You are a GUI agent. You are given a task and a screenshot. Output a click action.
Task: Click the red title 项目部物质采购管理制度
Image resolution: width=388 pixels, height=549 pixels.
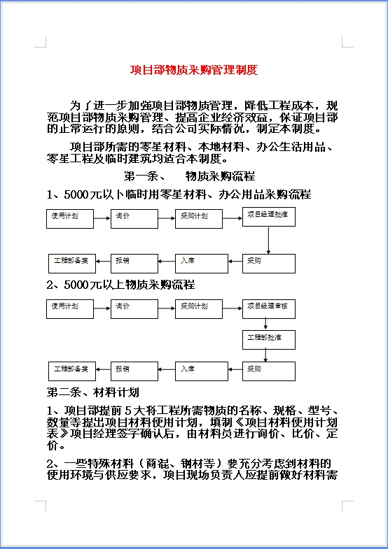click(x=194, y=71)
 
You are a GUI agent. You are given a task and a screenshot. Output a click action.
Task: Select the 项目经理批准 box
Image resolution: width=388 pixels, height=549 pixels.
click(x=269, y=217)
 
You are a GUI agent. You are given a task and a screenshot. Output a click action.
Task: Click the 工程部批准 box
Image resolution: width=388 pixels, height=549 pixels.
click(x=269, y=340)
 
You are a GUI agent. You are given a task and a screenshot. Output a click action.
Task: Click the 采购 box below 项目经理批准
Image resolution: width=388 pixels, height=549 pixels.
click(x=269, y=263)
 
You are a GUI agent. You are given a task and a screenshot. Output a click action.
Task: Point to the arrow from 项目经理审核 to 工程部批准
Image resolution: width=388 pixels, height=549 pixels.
click(x=269, y=325)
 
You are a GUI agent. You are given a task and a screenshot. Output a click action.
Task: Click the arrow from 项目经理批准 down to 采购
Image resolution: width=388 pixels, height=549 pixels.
click(x=269, y=240)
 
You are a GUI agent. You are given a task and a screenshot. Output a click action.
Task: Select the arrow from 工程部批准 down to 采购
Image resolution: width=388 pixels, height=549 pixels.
click(x=269, y=355)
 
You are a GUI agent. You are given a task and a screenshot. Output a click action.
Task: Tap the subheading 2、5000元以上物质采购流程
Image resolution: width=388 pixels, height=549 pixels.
click(x=120, y=285)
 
